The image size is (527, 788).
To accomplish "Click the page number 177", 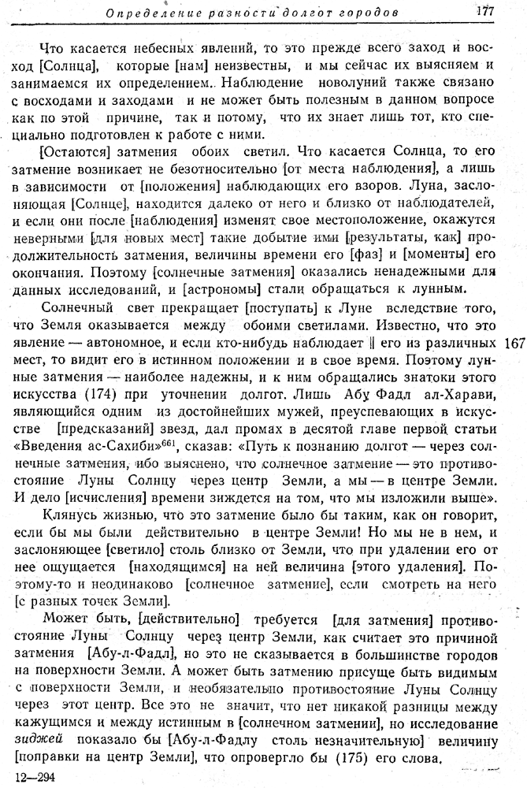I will (x=484, y=11).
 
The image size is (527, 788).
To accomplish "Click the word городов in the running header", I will (x=366, y=13).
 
